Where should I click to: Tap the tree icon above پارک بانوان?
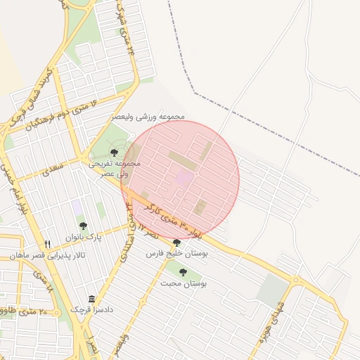click(83, 226)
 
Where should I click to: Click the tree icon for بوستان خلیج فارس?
click(176, 243)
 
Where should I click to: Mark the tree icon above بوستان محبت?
click(183, 272)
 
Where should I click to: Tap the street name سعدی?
click(53, 169)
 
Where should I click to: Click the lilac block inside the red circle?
click(182, 179)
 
